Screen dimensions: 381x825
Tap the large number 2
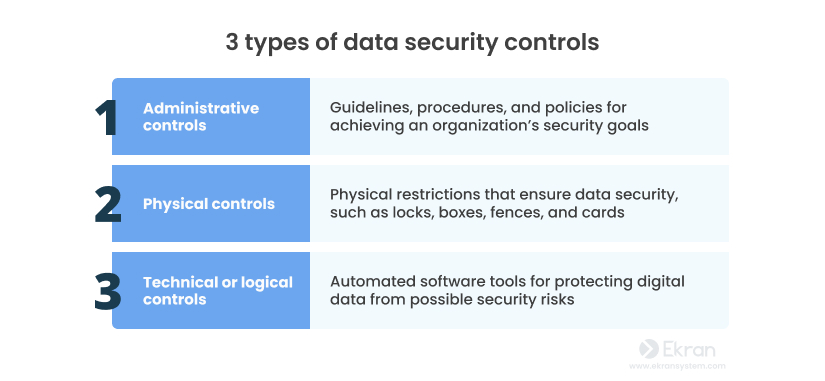click(107, 204)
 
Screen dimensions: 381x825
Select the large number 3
click(107, 291)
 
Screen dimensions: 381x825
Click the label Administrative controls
click(200, 117)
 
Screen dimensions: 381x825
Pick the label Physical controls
click(208, 204)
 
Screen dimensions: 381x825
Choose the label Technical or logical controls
click(217, 291)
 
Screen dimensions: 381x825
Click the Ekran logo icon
click(648, 350)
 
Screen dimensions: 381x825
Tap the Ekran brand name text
click(690, 350)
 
